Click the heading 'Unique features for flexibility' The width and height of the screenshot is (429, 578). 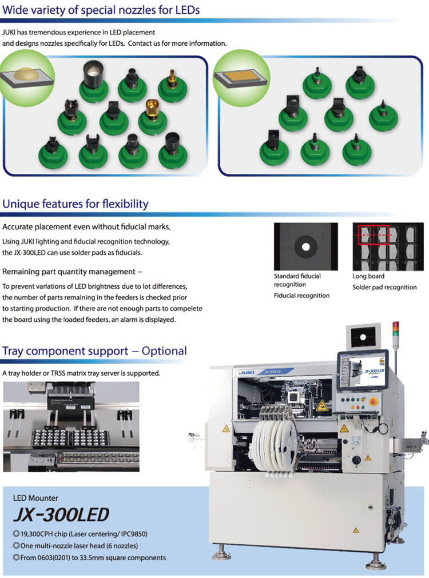click(x=76, y=204)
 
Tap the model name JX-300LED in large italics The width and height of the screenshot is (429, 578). click(x=61, y=515)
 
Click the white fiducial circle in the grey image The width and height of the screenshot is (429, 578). click(x=305, y=247)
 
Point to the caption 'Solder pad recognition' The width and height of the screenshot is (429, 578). click(x=384, y=287)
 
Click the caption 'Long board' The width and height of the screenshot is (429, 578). click(x=368, y=276)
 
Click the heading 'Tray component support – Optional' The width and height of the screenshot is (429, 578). click(x=95, y=351)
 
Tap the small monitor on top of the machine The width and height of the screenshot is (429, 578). click(x=364, y=337)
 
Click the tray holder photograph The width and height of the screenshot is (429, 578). click(x=71, y=426)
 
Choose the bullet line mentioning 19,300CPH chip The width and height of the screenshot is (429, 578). click(x=84, y=534)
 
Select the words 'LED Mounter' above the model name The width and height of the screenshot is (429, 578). click(x=35, y=498)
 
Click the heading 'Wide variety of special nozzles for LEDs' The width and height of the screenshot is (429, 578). click(x=101, y=9)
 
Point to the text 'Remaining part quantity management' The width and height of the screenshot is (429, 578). click(x=72, y=272)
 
